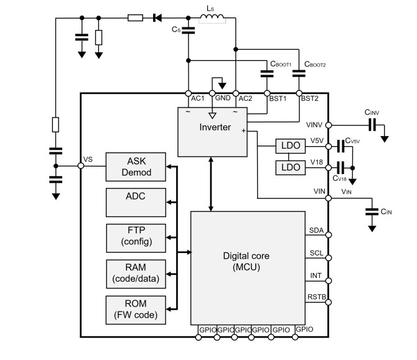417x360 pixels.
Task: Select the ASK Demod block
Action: point(136,165)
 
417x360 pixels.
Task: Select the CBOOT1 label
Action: point(279,63)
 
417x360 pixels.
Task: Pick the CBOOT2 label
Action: point(315,63)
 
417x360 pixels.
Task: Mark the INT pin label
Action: point(316,275)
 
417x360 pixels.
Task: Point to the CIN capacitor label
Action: point(386,211)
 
